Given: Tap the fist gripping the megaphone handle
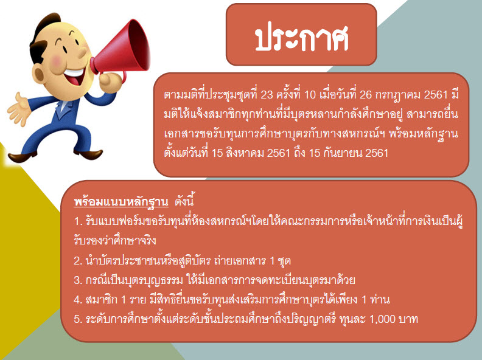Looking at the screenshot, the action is point(111,81).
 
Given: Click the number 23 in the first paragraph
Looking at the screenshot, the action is point(266,95).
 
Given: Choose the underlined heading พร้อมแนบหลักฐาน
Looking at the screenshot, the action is point(121,202).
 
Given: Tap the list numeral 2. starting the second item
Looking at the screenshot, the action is point(78,261).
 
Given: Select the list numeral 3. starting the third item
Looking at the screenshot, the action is point(78,280).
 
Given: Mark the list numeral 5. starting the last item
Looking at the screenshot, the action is point(78,319).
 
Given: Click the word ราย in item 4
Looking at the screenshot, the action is point(138,299).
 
